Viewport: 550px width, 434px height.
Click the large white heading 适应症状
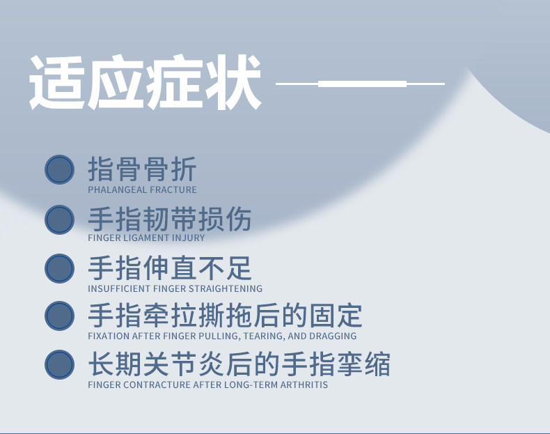coord(145,83)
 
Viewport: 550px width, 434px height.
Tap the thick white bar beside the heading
coord(362,84)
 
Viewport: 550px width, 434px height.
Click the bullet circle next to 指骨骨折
coord(59,169)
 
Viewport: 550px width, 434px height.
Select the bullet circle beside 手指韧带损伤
coord(59,219)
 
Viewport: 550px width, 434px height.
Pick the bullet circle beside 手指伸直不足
coord(59,268)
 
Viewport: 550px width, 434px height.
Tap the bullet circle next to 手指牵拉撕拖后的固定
coord(59,316)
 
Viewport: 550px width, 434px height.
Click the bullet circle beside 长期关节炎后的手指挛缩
coord(59,364)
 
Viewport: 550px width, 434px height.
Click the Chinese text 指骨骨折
coord(142,169)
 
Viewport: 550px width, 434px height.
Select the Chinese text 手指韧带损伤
coord(170,219)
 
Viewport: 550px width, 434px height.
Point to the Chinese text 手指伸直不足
coord(170,268)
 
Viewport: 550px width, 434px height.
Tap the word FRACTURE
coord(173,189)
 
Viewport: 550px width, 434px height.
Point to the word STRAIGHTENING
coord(226,288)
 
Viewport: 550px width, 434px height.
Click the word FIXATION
coord(109,336)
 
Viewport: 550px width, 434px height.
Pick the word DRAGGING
coord(333,336)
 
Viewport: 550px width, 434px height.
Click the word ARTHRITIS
coord(304,385)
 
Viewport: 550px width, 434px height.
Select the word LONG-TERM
coord(251,385)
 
